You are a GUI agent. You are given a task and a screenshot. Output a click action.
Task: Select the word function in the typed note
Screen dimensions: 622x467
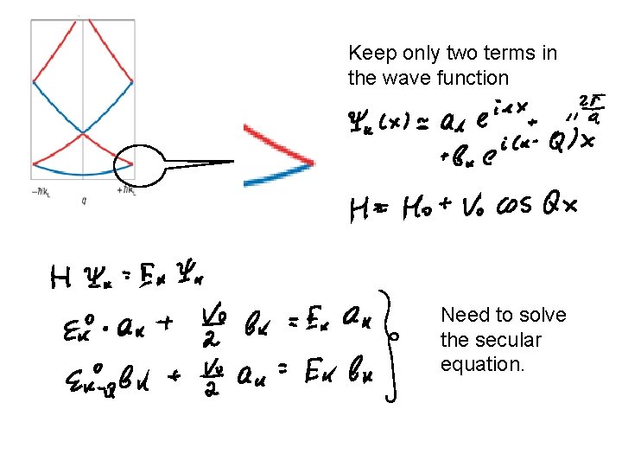473,78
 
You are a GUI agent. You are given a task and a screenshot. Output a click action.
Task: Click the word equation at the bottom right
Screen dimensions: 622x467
482,364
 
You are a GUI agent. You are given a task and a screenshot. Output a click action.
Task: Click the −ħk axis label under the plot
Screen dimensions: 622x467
40,190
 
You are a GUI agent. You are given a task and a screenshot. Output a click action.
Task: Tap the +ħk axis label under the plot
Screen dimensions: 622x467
126,190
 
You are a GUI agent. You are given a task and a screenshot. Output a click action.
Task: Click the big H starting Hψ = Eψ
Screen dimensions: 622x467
61,278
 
